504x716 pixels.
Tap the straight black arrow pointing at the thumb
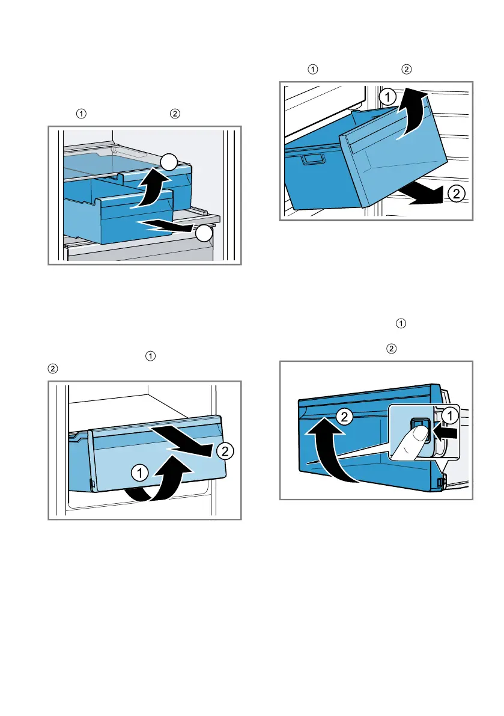pos(444,431)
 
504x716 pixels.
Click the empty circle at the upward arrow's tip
pos(169,162)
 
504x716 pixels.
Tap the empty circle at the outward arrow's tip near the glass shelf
pos(205,234)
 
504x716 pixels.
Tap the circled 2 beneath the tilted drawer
pos(456,194)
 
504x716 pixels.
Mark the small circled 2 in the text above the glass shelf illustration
pos(175,113)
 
